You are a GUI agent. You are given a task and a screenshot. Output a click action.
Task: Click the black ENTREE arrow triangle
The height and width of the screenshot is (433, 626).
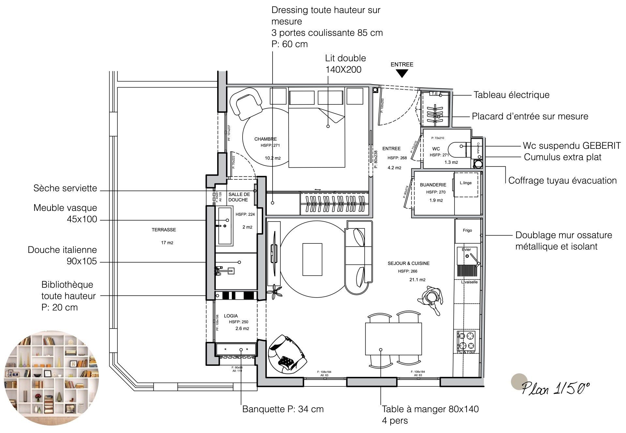[402, 73]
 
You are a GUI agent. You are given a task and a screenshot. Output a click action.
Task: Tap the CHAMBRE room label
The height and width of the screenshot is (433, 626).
[265, 139]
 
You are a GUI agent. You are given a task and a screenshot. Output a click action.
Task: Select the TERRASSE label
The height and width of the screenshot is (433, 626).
[164, 230]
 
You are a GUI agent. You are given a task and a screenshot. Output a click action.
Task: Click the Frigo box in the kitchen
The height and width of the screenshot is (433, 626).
[467, 230]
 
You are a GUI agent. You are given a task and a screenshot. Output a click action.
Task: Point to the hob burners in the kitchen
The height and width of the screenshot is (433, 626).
[466, 340]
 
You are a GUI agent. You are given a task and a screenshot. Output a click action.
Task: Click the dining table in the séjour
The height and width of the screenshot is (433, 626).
[393, 339]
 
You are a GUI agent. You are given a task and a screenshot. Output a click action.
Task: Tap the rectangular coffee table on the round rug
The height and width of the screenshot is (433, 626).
[312, 259]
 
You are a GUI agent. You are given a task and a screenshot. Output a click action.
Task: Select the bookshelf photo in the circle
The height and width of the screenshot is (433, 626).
[51, 378]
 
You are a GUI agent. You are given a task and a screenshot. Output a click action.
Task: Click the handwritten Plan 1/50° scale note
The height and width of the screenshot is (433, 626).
[556, 388]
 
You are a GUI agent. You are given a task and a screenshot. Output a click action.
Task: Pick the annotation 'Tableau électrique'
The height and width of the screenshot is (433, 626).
[511, 95]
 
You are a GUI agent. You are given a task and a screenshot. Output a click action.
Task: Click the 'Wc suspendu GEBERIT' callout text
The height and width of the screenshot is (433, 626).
[572, 146]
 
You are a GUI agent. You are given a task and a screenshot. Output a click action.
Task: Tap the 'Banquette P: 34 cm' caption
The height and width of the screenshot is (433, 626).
[283, 409]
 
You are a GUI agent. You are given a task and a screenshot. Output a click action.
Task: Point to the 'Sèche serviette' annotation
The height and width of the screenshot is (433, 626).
[65, 188]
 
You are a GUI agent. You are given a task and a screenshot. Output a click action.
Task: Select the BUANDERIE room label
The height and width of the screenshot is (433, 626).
[433, 185]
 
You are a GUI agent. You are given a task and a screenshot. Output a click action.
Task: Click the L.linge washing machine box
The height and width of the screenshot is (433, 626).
[466, 185]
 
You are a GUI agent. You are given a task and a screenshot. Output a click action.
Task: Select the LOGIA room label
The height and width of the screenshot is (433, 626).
[231, 316]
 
